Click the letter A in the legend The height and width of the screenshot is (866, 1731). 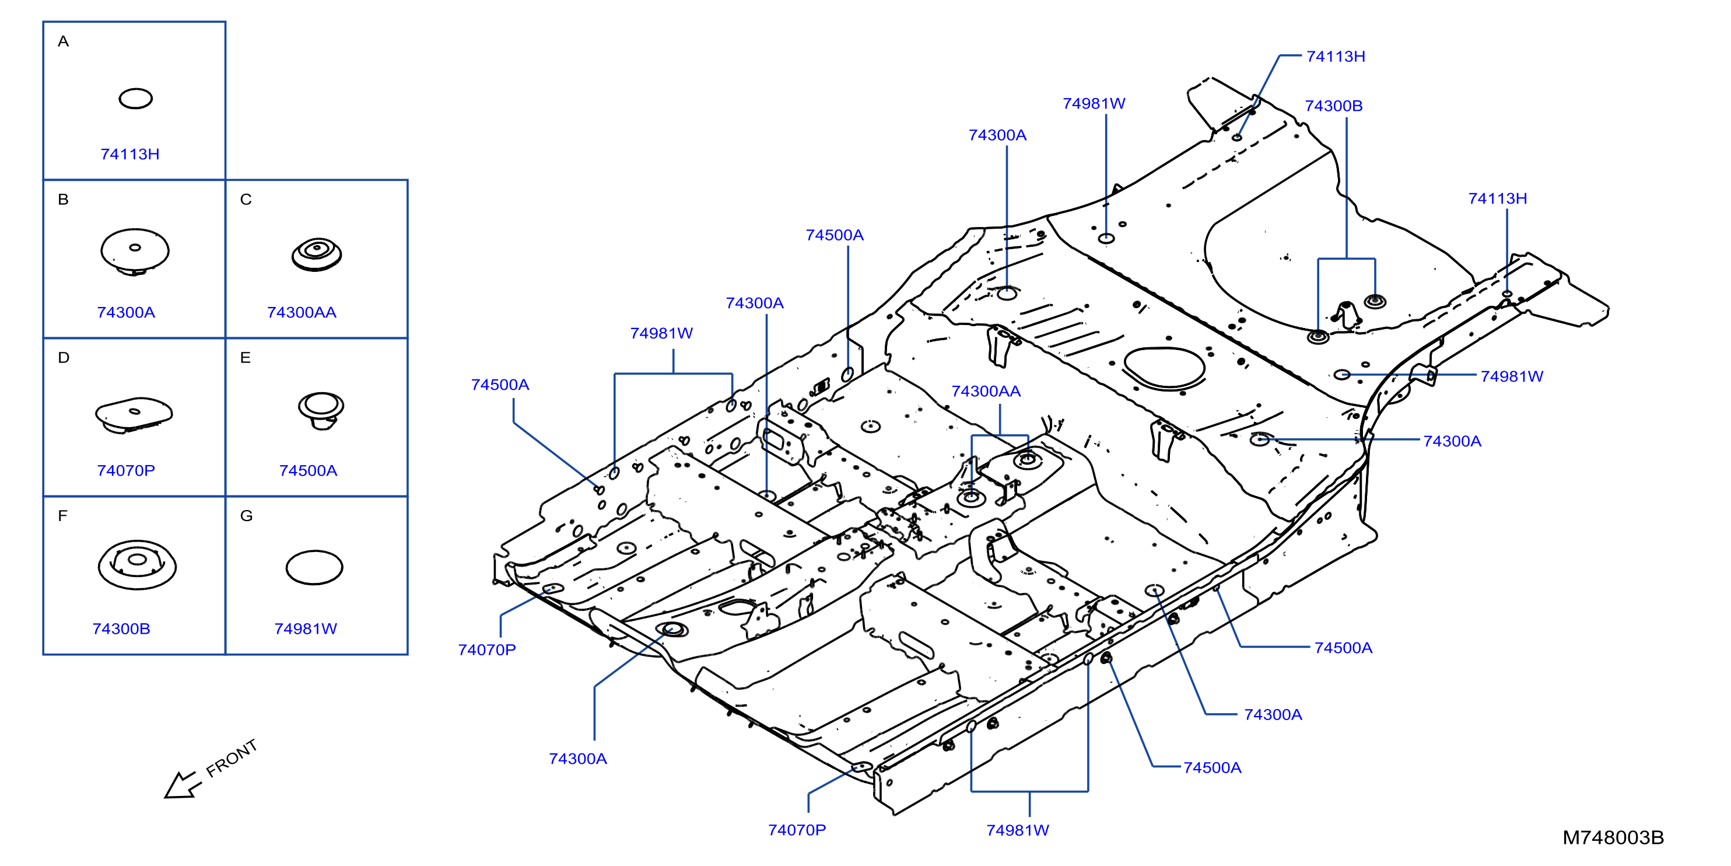click(63, 41)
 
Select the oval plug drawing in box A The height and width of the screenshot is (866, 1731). click(136, 99)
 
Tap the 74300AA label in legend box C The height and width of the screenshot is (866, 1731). click(302, 313)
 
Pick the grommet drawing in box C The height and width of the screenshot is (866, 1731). click(317, 254)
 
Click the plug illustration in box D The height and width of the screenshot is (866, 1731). click(134, 414)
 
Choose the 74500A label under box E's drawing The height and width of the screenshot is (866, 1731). click(309, 471)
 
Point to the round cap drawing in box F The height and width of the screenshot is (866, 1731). click(137, 565)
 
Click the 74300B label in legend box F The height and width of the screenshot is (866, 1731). click(122, 629)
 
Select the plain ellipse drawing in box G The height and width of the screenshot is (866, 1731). click(314, 568)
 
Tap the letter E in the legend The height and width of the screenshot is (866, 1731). click(246, 358)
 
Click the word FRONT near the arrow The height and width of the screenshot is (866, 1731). click(232, 759)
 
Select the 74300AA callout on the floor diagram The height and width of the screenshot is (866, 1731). click(986, 392)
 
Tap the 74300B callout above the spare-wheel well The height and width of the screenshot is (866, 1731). click(1334, 106)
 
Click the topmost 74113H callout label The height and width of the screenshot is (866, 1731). click(1336, 57)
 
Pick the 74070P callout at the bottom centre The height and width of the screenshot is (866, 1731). click(797, 830)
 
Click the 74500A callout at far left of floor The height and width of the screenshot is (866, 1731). click(500, 385)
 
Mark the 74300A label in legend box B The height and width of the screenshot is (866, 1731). click(127, 313)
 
